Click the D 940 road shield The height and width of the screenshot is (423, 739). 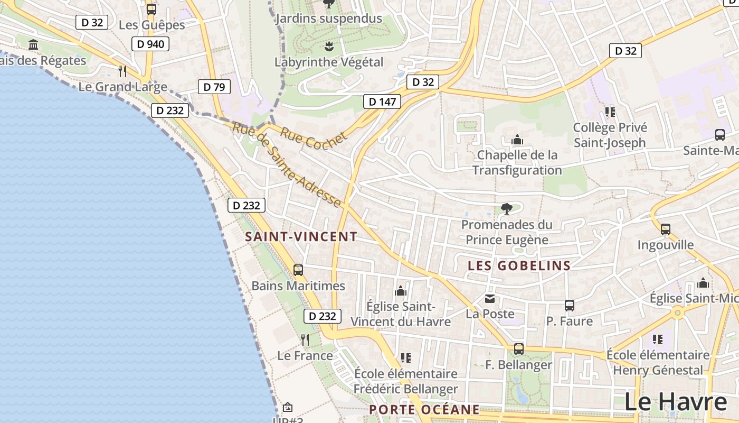tap(150, 44)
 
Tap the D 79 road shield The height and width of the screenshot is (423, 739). tap(214, 87)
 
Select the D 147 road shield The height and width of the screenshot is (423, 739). tap(382, 102)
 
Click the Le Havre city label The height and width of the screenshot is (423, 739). tap(676, 402)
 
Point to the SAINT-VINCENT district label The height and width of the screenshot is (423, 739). tap(301, 237)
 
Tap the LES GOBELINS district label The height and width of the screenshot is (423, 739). tap(519, 266)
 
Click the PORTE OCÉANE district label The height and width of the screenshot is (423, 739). tap(424, 410)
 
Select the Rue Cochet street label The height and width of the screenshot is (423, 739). tap(314, 139)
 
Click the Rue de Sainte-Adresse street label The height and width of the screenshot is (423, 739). tap(286, 164)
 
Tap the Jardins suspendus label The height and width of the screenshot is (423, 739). tap(329, 19)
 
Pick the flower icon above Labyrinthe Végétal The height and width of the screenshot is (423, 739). tap(329, 46)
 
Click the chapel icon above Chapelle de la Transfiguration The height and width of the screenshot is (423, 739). tap(517, 140)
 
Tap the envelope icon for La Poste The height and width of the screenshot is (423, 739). tap(490, 299)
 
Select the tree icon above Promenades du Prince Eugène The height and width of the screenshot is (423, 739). tap(507, 208)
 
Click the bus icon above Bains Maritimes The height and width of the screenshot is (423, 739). tap(298, 270)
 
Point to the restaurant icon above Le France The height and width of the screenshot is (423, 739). tap(305, 339)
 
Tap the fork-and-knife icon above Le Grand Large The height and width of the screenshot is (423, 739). tap(122, 71)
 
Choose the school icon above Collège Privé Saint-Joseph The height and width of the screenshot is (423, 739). tap(610, 112)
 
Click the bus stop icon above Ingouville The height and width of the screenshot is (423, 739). tap(666, 229)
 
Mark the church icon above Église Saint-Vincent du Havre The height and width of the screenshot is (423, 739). tap(401, 291)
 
